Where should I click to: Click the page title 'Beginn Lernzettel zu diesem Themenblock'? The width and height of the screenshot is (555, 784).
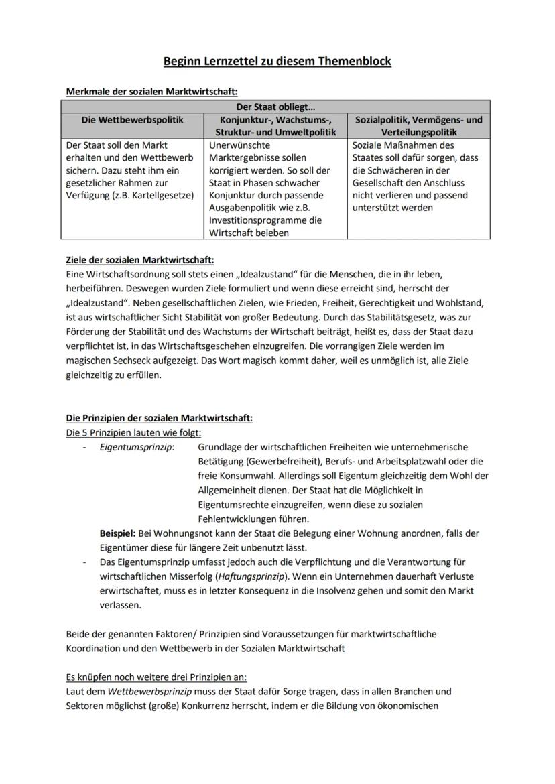pos(277,61)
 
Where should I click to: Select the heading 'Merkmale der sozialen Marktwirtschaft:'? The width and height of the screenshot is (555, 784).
pos(151,91)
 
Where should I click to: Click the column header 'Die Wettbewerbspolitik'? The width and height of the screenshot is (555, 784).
pos(132,120)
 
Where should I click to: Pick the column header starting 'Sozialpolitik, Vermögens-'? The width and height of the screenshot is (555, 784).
pos(418,120)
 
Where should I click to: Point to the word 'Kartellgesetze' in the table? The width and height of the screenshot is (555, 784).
pos(160,195)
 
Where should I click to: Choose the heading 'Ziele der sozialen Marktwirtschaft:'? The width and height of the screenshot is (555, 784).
pos(140,260)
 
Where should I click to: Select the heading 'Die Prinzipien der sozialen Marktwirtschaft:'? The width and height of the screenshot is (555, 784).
pos(160,418)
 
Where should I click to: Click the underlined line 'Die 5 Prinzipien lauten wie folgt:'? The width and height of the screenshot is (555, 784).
pos(129,432)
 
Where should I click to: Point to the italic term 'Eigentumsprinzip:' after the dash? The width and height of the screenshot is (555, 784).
pos(136,446)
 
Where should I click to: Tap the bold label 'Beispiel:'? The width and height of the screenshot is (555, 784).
pos(117,533)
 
